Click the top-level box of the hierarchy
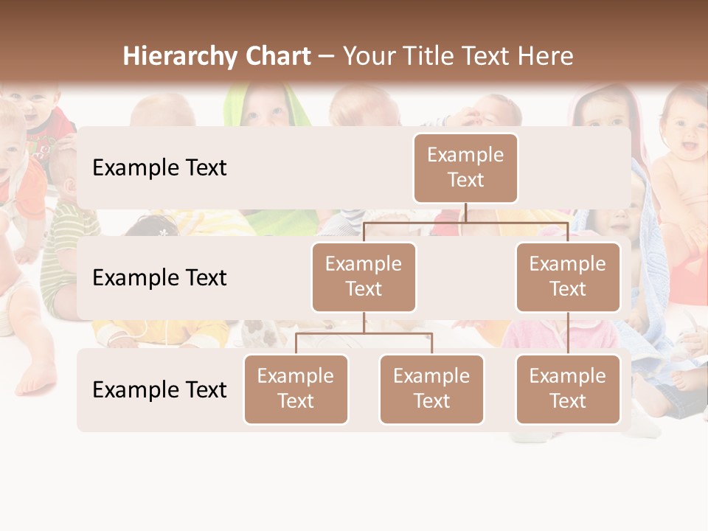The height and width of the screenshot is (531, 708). tap(465, 167)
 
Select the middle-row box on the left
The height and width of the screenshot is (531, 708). tap(364, 277)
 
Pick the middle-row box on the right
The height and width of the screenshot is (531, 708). tap(568, 277)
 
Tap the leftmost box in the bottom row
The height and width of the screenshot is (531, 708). tap(296, 389)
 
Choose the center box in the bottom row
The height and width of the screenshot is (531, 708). tap(431, 389)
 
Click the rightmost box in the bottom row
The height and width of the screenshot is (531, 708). tap(568, 389)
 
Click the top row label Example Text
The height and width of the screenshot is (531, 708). tap(159, 168)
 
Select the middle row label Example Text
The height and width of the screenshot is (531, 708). tap(159, 278)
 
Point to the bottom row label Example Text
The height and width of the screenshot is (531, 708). tap(159, 389)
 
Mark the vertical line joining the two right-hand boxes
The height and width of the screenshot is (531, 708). tap(568, 333)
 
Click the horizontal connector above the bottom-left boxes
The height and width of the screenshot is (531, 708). tap(364, 333)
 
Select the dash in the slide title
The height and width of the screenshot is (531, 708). tap(327, 58)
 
